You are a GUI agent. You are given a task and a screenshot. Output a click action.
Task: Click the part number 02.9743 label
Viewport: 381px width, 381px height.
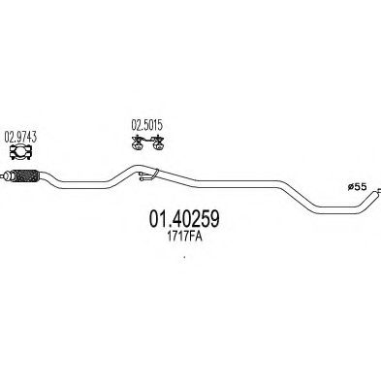pos(21,136)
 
